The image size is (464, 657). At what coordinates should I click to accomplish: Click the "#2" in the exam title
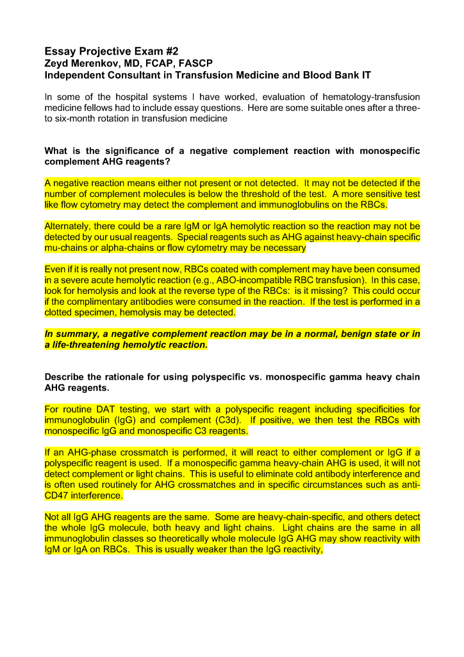coord(169,50)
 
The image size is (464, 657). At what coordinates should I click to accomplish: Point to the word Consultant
coord(137,75)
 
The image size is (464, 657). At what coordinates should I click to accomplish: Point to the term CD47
coord(57,495)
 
